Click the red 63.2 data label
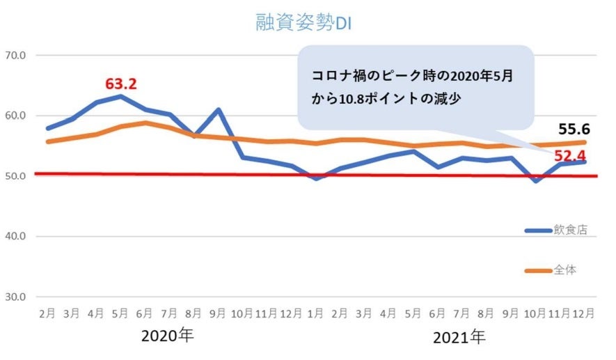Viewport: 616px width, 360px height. pos(121,84)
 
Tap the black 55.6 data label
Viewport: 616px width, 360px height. pos(575,130)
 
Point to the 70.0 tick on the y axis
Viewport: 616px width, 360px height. pos(15,55)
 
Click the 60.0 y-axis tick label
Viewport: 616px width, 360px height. pos(15,116)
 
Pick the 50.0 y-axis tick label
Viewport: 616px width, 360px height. pos(15,176)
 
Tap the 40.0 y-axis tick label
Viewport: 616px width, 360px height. pos(15,237)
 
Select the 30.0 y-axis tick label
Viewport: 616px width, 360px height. pos(15,297)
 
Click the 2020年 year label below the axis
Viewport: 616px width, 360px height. pos(168,336)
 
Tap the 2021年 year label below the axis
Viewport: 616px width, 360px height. pos(459,338)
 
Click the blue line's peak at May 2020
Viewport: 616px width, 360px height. pos(121,96)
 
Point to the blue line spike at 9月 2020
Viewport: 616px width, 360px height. pos(219,109)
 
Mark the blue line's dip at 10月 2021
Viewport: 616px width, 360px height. pos(535,181)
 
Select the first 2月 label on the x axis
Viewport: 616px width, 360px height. pos(48,314)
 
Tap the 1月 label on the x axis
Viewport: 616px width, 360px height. pos(317,314)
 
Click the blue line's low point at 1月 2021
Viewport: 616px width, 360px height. pos(317,179)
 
